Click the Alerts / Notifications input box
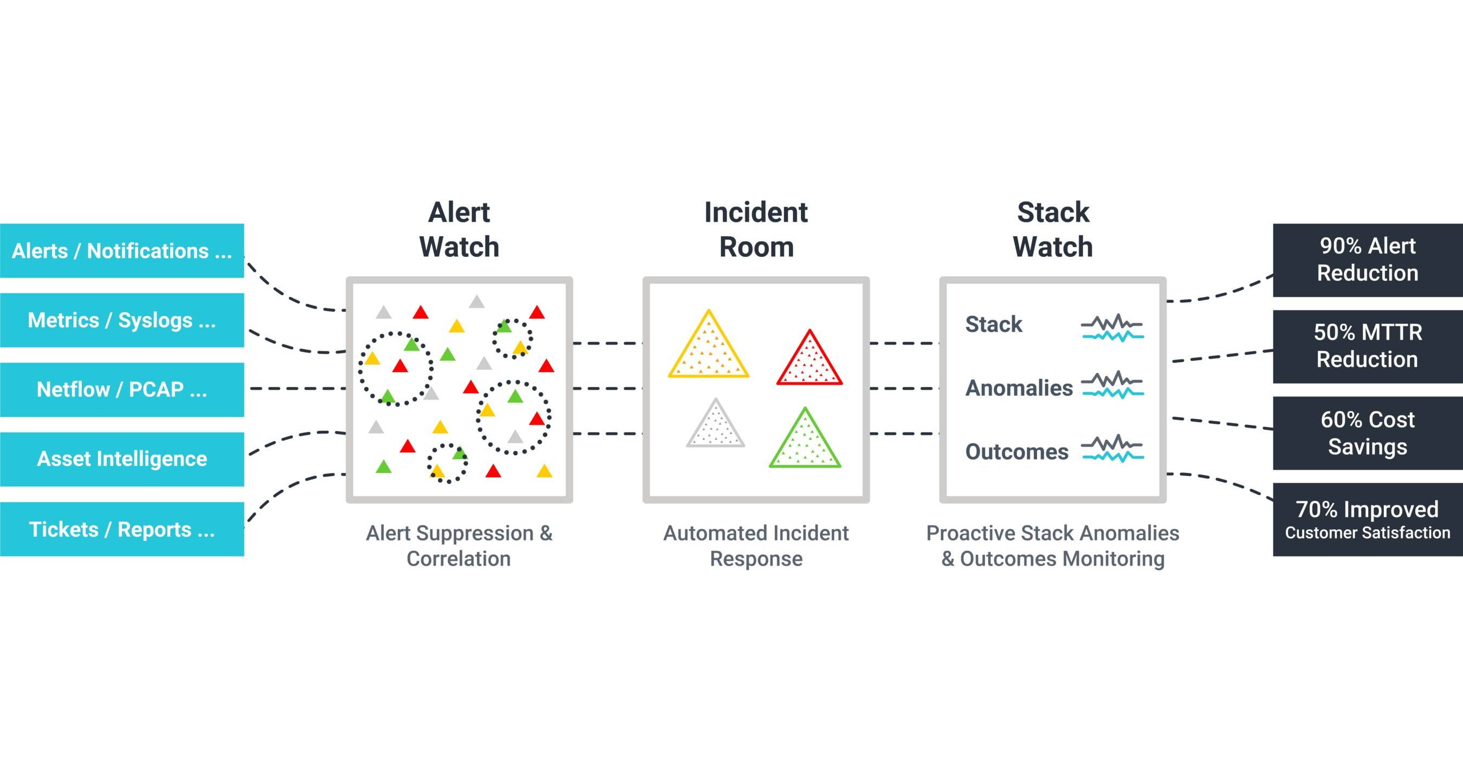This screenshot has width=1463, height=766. pos(121,250)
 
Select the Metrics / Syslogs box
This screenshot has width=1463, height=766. pos(121,320)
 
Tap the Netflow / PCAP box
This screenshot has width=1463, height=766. pos(121,390)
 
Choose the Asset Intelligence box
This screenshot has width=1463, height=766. pos(121,459)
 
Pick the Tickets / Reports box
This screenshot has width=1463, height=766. pos(121,529)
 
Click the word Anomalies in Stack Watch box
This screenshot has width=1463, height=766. pos(1019,388)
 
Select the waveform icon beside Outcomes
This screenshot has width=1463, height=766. pos(1112,449)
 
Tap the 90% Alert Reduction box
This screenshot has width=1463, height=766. pos(1367,259)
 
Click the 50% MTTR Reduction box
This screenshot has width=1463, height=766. pos(1367,346)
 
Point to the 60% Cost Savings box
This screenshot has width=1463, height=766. pos(1367,433)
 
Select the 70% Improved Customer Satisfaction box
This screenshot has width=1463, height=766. pos(1367,519)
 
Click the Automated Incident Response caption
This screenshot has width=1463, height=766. pos(756,546)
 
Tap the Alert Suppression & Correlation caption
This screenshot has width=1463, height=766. pos(459,546)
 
